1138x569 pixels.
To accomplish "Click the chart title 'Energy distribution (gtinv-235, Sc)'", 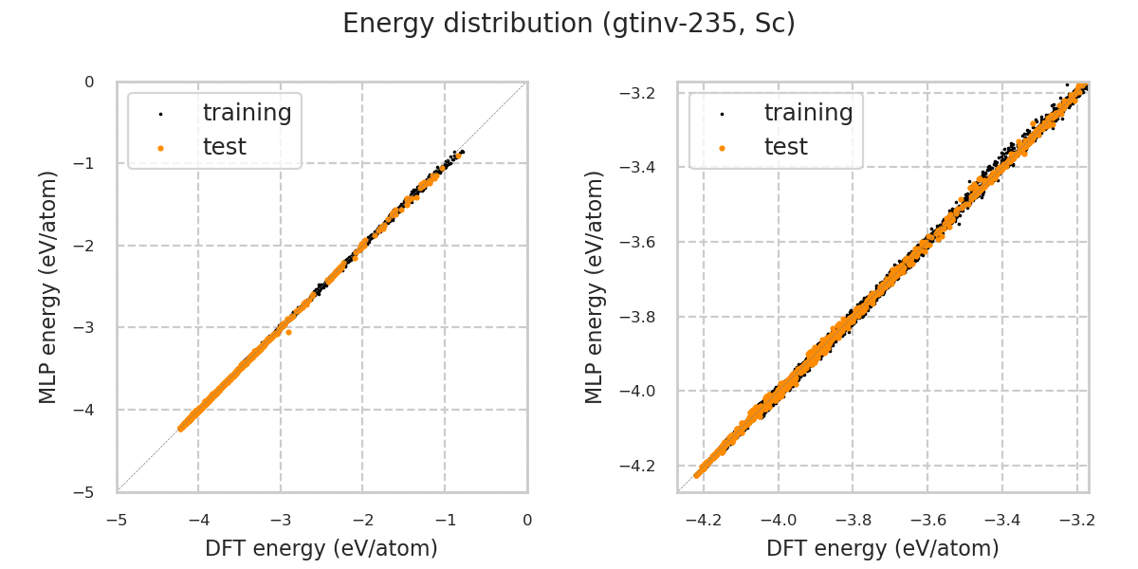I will coord(569,24).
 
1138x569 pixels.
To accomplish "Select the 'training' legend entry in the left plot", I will coord(247,113).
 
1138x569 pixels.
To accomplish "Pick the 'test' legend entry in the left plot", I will coord(224,147).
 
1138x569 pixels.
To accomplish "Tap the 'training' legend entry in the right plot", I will coord(808,113).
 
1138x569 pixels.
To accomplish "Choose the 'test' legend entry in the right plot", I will coord(785,147).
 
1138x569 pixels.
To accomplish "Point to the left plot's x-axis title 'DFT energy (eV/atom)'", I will coord(321,548).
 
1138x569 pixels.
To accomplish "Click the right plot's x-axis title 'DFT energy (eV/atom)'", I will coord(883,548).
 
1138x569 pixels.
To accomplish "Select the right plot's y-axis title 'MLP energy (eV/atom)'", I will coord(595,286).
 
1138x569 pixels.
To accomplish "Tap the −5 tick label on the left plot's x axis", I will coord(117,520).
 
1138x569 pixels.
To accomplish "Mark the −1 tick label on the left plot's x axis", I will coord(445,520).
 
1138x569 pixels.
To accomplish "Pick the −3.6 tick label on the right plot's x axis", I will coord(927,520).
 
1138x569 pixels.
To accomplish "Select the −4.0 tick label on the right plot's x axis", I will coord(778,520).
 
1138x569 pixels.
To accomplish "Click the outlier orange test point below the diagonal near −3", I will coord(288,332).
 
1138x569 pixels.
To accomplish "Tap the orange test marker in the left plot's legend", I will coord(160,148).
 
